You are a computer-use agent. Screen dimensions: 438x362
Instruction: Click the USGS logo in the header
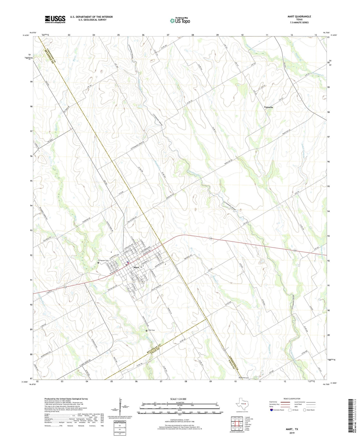[55, 19]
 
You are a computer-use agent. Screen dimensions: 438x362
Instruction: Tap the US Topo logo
[180, 21]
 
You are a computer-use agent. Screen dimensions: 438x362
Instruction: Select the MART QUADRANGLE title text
[299, 17]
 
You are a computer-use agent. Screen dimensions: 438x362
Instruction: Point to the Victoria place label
[268, 107]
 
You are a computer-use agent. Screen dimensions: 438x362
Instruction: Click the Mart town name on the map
[136, 267]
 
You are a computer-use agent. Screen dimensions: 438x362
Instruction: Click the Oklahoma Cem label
[244, 378]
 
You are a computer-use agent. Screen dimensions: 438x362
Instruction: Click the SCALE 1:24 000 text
[178, 399]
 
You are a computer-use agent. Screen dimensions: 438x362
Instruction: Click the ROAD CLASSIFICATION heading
[292, 399]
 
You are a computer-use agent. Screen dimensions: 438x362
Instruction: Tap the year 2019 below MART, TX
[292, 433]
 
